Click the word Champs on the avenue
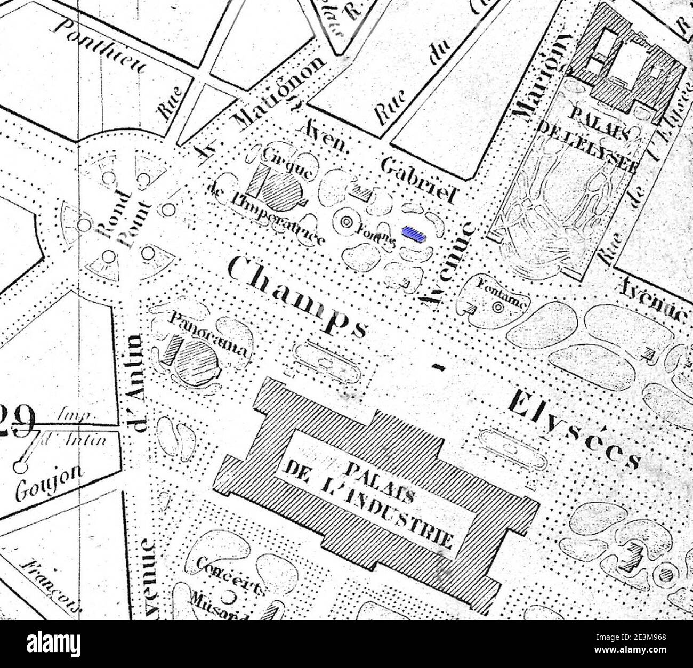coord(296,296)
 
